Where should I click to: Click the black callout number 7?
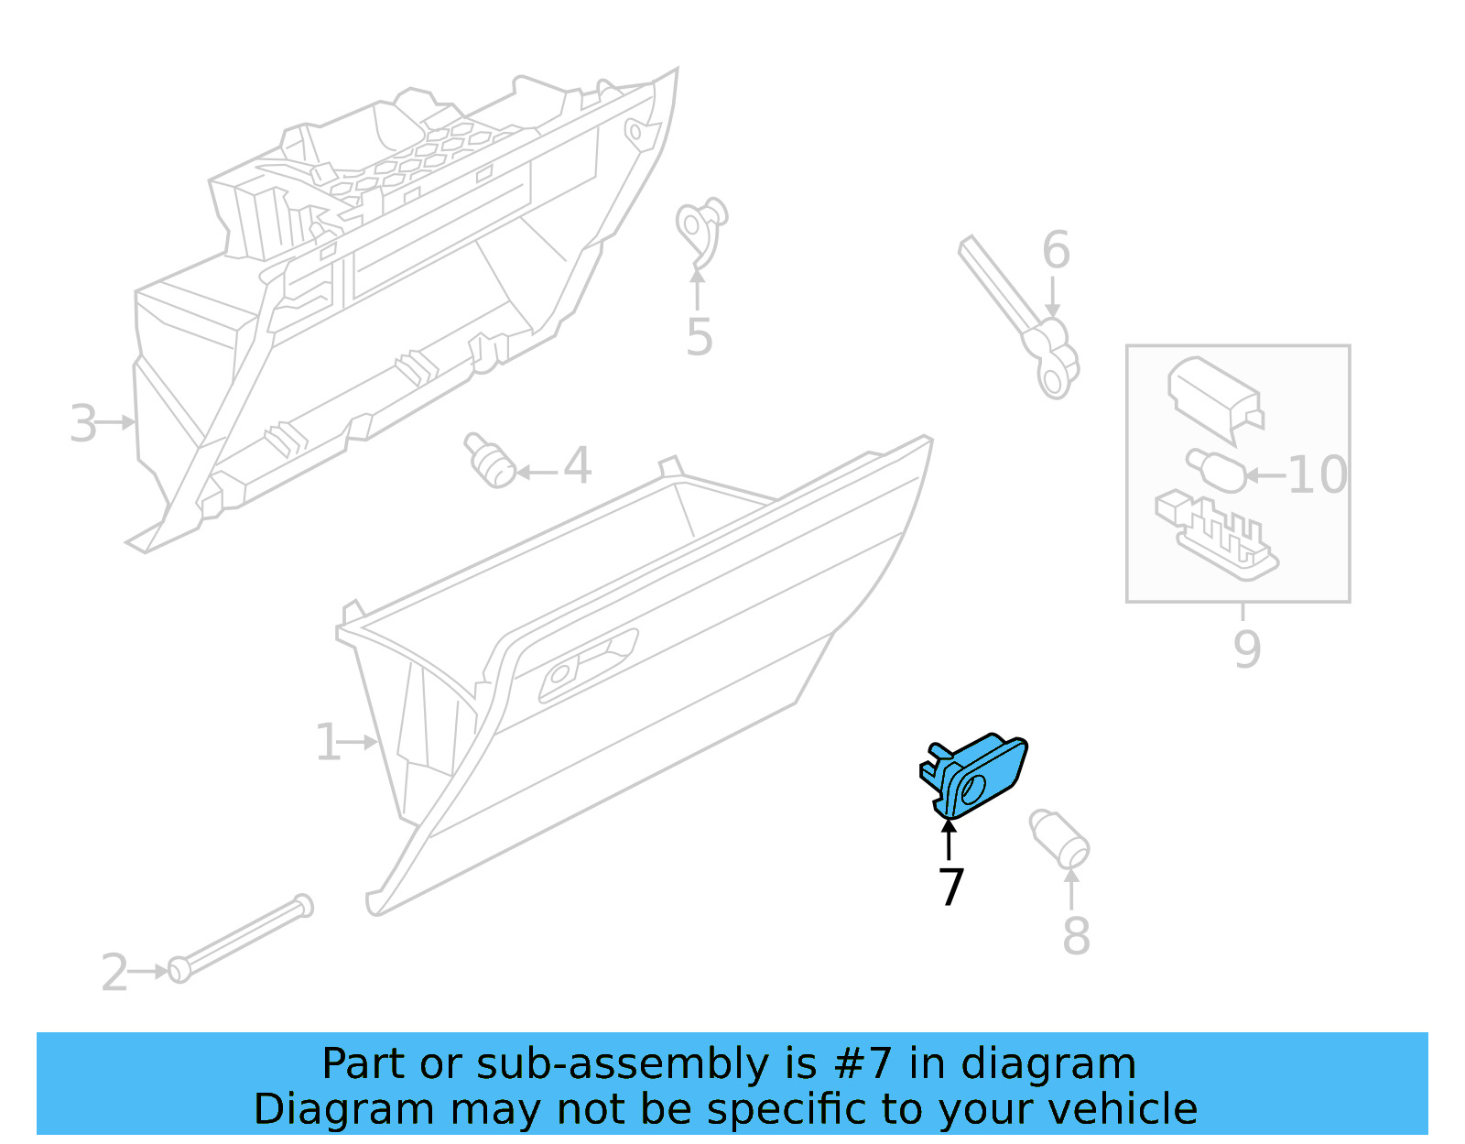coord(950,887)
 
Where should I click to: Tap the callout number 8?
coord(1076,936)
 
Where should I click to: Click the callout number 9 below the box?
coord(1246,648)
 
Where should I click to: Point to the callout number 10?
coord(1317,474)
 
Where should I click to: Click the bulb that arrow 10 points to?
coord(1216,469)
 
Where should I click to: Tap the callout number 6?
coord(1056,250)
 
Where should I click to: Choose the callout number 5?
coord(699,337)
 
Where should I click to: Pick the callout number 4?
coord(577,466)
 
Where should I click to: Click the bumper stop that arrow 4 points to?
coord(490,461)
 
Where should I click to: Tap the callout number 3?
coord(83,424)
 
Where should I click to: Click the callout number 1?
coord(327,742)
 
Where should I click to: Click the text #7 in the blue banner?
coord(863,1064)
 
